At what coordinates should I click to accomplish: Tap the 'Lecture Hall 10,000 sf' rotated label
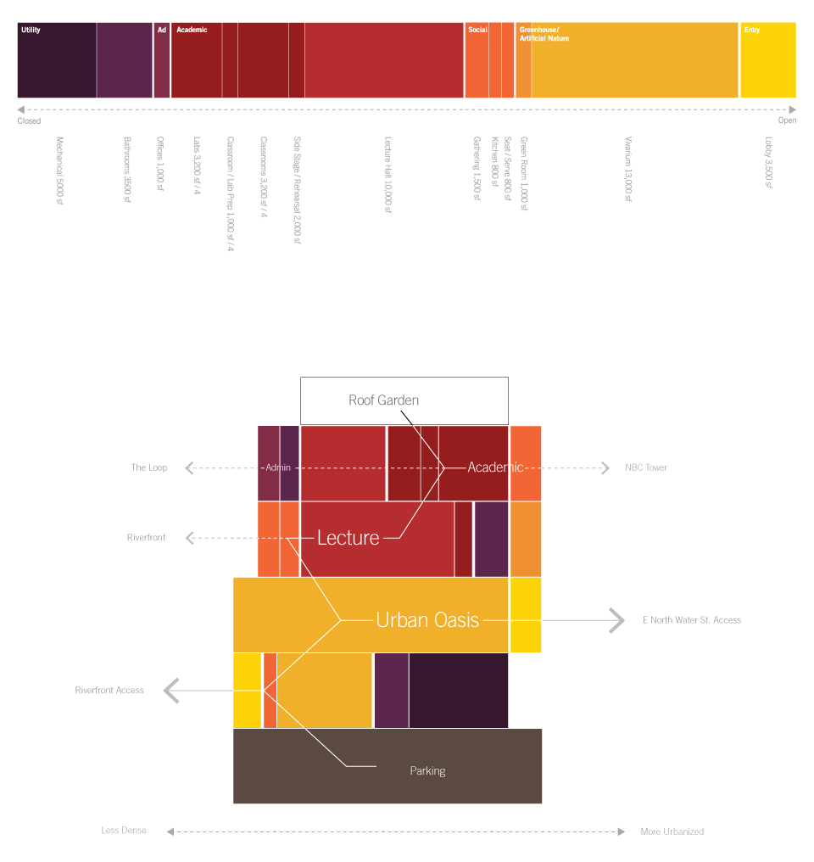pyautogui.click(x=387, y=175)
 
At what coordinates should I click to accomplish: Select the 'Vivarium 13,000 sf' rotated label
pyautogui.click(x=628, y=169)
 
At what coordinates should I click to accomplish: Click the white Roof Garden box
pyautogui.click(x=404, y=400)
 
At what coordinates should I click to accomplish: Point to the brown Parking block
pyautogui.click(x=387, y=766)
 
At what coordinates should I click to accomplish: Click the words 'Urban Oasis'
pyautogui.click(x=427, y=620)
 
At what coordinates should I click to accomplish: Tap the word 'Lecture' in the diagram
pyautogui.click(x=348, y=537)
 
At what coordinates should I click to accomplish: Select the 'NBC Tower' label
pyautogui.click(x=646, y=467)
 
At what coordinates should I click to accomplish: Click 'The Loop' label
pyautogui.click(x=149, y=467)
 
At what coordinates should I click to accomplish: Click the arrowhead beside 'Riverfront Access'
pyautogui.click(x=171, y=691)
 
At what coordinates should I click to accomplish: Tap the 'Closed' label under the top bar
pyautogui.click(x=29, y=121)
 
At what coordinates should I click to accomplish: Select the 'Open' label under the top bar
pyautogui.click(x=787, y=120)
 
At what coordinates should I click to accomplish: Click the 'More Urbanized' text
pyautogui.click(x=672, y=831)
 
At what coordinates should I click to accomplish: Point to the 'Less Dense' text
pyautogui.click(x=124, y=831)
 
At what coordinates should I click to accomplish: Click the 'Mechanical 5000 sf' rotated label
pyautogui.click(x=59, y=171)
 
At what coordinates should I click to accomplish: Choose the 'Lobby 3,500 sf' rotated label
pyautogui.click(x=769, y=163)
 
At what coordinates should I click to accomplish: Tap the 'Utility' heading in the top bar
pyautogui.click(x=31, y=30)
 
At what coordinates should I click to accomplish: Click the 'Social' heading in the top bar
pyautogui.click(x=477, y=30)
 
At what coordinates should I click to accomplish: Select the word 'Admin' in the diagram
pyautogui.click(x=278, y=467)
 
